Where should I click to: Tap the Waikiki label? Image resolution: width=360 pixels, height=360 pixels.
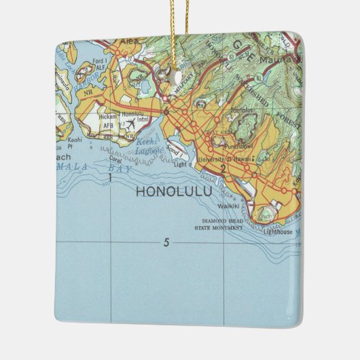[x=227, y=205]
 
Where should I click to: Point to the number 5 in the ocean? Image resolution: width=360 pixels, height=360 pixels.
[x=166, y=242]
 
